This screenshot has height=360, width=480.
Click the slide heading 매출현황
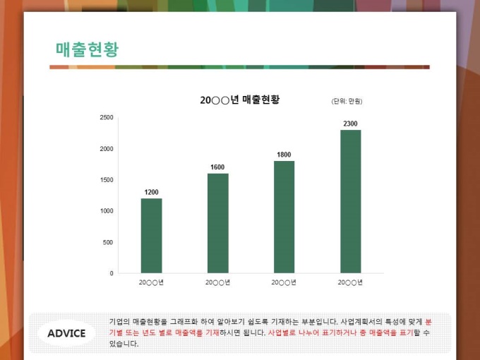coord(87,49)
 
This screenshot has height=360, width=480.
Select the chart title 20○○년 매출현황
coord(240,100)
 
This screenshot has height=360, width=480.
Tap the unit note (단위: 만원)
coord(347,102)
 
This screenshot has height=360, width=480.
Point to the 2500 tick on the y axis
coord(106,117)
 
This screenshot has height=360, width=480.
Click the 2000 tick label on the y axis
coord(106,149)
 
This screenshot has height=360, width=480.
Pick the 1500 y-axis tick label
coord(106,180)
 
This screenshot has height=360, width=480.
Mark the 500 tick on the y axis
coord(108,242)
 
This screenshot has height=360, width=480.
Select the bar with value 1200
coord(151,235)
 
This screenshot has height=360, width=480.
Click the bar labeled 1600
coord(217,222)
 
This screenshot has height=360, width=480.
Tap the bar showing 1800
coord(284,216)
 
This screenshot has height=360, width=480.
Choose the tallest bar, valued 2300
coord(350,201)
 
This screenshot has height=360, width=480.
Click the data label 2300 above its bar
coord(350,124)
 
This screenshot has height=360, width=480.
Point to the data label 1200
coord(151,192)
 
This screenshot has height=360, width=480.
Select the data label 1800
coord(284,155)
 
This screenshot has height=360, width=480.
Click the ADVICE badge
coord(66,333)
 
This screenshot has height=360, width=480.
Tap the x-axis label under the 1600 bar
coord(217,282)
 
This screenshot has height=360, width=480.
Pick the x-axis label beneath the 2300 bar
coord(350,282)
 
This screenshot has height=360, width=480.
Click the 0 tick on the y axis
coord(111,273)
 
